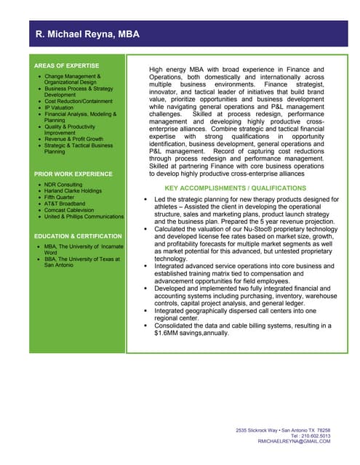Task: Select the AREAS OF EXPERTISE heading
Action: (67, 66)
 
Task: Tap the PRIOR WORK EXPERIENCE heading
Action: (73, 174)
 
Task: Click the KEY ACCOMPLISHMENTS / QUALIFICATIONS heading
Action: (236, 188)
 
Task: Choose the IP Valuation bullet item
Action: (59, 108)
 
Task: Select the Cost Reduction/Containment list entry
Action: (79, 101)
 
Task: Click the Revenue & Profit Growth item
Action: (73, 139)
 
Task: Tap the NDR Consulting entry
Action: (64, 185)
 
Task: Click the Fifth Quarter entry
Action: (60, 198)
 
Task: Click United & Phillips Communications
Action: (84, 217)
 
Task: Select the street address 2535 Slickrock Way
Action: (257, 430)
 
